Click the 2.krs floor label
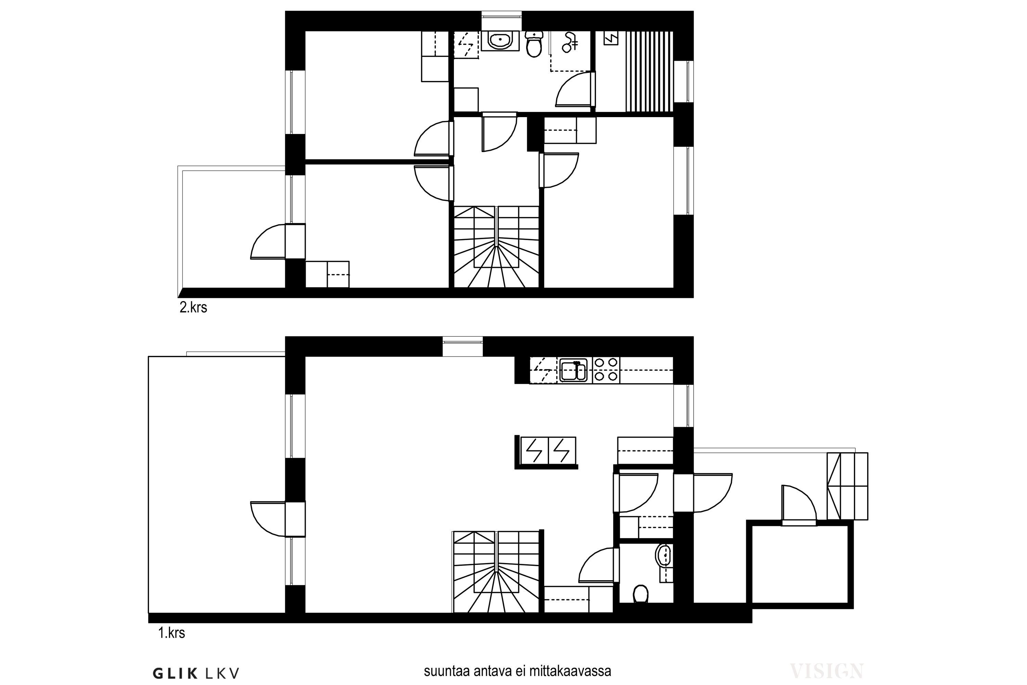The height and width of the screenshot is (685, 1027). click(193, 308)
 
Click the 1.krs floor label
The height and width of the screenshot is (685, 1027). click(172, 633)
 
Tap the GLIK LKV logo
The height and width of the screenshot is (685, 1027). click(196, 673)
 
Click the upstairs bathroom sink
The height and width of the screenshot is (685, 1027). click(500, 41)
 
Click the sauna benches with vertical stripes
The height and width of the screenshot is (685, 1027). click(649, 72)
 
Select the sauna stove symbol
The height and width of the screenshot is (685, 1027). click(611, 38)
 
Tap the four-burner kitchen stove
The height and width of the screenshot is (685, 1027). click(606, 370)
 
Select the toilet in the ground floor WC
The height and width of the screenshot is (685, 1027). click(640, 593)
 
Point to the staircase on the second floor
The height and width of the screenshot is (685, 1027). click(496, 247)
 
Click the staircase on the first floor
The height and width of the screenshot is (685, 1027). click(496, 572)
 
